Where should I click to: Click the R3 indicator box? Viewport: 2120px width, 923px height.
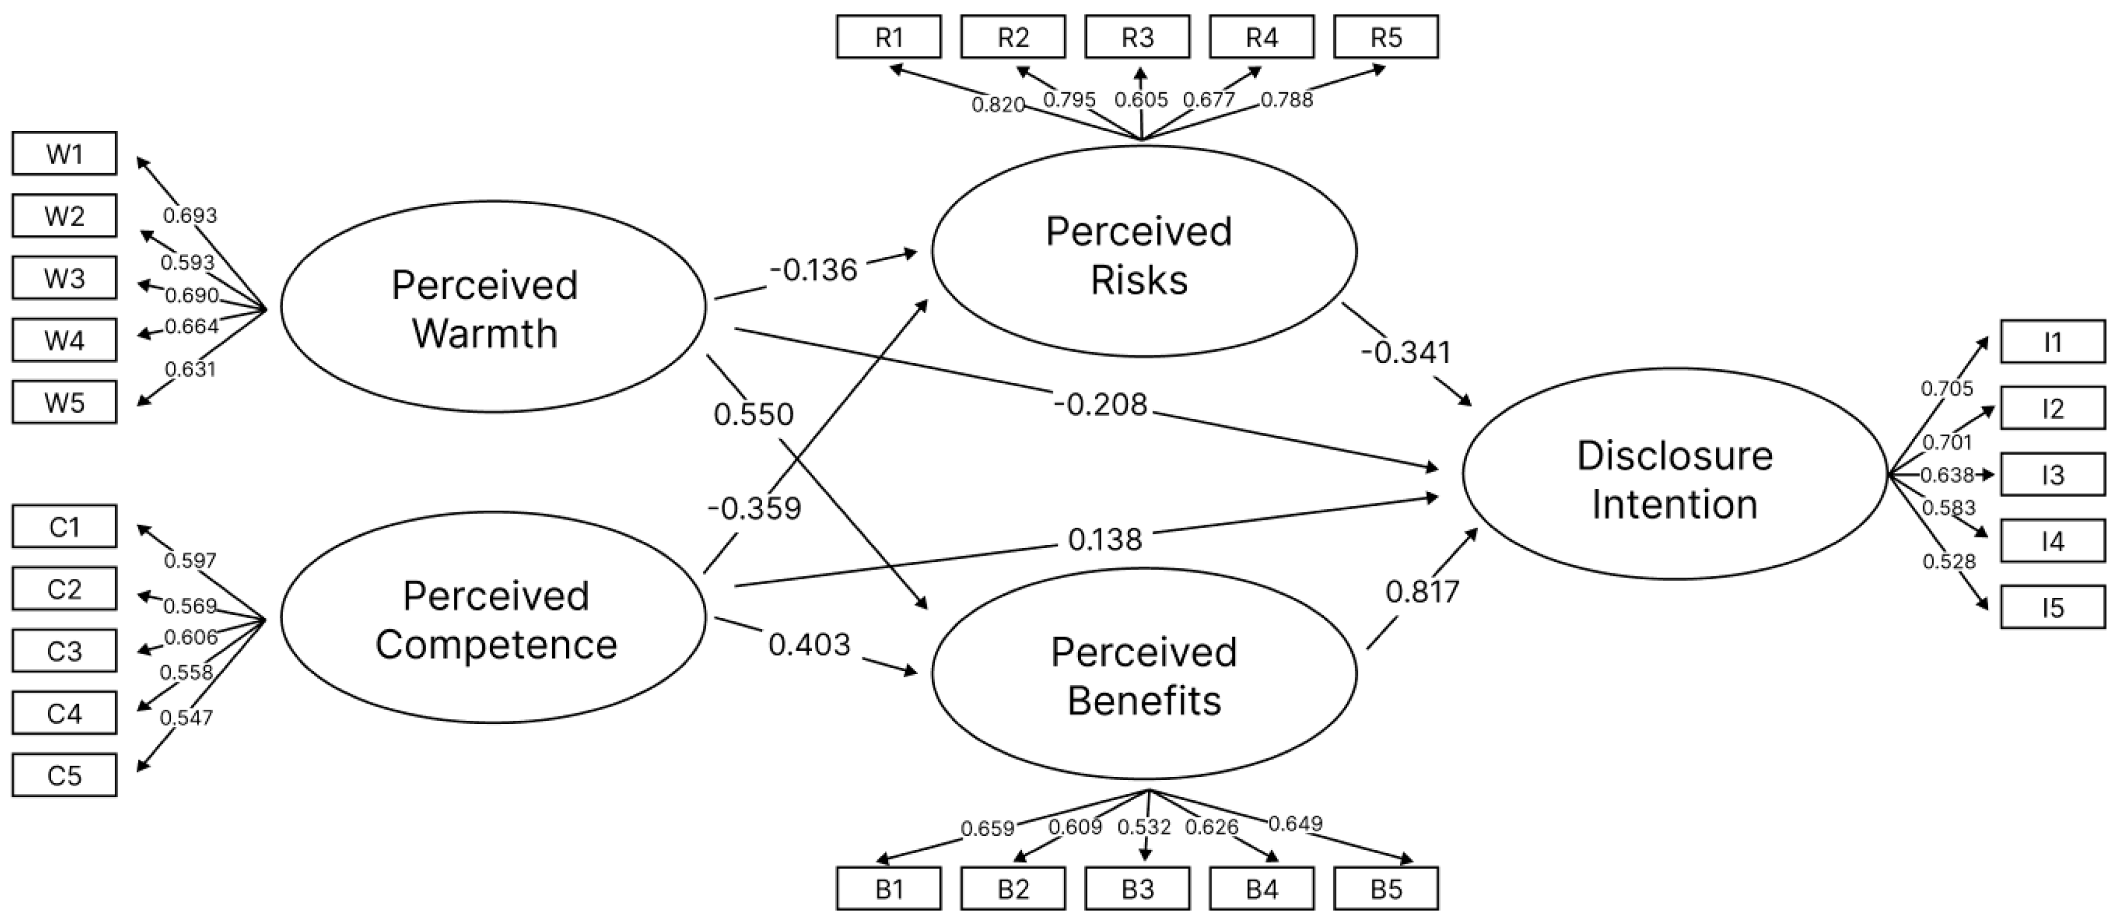(1137, 37)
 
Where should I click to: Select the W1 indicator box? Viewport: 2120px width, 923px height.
(64, 154)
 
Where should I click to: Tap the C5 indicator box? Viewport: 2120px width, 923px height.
(64, 776)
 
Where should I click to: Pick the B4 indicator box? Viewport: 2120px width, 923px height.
(1261, 889)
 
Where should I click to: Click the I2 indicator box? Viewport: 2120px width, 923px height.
(2053, 409)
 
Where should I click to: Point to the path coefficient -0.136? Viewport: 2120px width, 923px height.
(813, 270)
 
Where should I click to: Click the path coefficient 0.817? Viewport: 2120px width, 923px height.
(1422, 592)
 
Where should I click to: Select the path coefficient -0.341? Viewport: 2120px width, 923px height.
(1406, 352)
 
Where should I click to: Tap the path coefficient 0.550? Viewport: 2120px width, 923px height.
(753, 415)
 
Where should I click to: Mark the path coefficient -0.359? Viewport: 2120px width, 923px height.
(754, 508)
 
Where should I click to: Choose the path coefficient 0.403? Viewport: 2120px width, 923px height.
(809, 644)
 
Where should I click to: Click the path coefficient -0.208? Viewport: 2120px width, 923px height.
(1099, 404)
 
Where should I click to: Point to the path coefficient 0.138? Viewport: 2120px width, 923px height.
(1104, 540)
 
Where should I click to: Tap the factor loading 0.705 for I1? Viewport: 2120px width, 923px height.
(1947, 388)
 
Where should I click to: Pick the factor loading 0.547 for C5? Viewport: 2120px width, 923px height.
(186, 718)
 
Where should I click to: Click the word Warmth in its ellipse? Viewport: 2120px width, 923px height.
(485, 334)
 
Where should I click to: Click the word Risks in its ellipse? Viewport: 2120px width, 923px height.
(1139, 280)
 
